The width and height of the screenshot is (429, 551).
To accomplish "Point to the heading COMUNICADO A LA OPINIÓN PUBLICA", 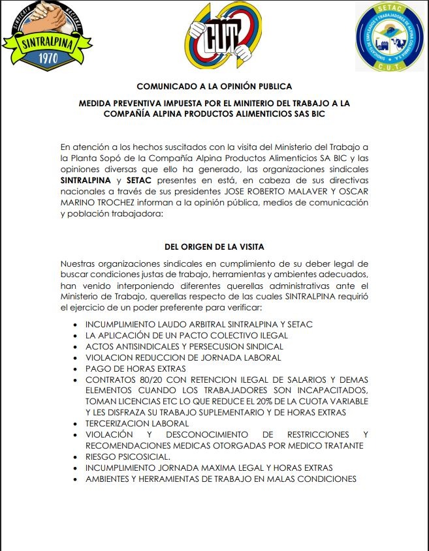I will pos(214,87).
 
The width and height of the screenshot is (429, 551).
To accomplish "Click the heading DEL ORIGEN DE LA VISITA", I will pos(214,247).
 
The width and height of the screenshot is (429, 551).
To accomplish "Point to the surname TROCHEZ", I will pos(112,203).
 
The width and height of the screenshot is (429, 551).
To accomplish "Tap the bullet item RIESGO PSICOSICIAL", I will pos(128,456).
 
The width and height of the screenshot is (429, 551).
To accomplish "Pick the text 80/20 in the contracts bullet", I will pos(143,380).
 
